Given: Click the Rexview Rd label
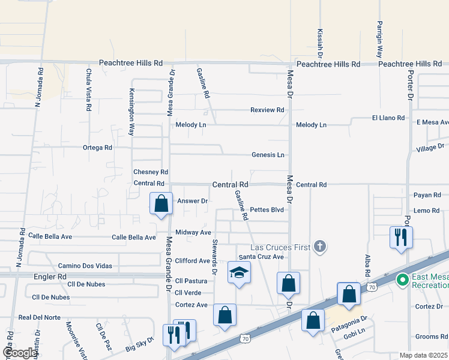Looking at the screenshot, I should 267,110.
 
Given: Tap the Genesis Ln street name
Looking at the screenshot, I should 268,155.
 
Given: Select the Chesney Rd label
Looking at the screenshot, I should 151,172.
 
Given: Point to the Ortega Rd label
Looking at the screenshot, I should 97,148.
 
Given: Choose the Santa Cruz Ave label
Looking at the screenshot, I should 261,257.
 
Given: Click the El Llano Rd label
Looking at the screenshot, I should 388,118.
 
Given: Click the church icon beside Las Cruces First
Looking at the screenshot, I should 320,245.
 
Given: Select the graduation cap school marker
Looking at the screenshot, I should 238,273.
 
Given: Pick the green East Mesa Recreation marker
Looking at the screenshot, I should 402,279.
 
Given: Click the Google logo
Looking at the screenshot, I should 20,353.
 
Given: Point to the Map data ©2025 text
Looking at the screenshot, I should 423,355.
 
